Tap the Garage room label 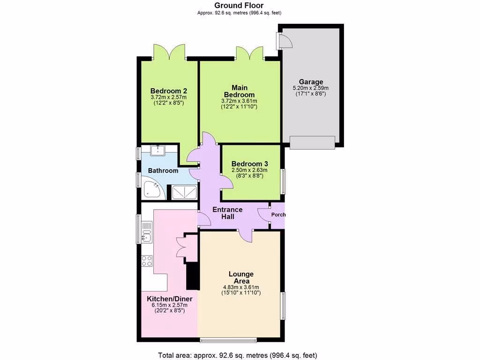point(311,82)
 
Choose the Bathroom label point(163,171)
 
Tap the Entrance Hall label point(227,213)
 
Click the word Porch point(278,215)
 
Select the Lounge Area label point(241,277)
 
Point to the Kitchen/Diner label point(169,299)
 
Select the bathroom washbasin point(159,150)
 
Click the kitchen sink point(147,233)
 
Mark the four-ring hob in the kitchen point(147,261)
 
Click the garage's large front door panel point(312,142)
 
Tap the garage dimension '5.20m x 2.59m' point(311,88)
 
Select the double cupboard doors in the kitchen point(181,246)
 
